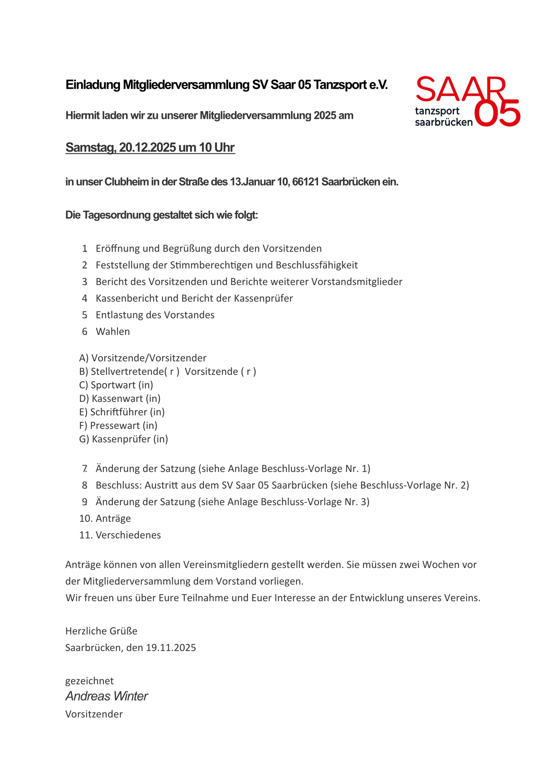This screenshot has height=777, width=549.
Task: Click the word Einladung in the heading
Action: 93,85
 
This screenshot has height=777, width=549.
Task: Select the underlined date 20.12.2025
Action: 147,148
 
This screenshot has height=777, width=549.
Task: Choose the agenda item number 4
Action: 85,298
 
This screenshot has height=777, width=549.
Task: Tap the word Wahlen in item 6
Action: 113,332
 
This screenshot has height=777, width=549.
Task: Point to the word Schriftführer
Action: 118,412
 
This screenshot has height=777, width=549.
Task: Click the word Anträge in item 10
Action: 113,518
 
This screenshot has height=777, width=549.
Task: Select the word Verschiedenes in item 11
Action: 128,535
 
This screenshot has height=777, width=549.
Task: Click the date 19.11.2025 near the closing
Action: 171,648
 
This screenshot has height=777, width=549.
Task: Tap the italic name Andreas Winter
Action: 107,696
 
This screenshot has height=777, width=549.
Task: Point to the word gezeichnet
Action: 89,681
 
